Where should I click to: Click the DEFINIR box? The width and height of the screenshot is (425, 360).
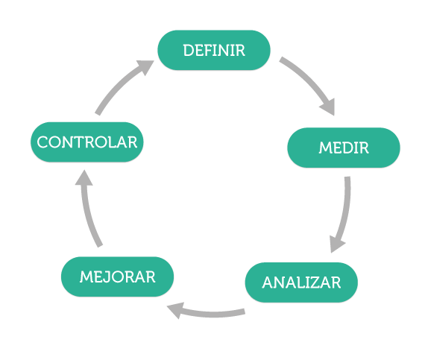pos(214,50)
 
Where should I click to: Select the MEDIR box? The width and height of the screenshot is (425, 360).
pos(344,148)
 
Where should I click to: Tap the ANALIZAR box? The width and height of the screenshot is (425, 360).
pos(301,282)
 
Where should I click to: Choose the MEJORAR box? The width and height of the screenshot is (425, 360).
pos(117,277)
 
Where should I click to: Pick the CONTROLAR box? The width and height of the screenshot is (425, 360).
pos(86,142)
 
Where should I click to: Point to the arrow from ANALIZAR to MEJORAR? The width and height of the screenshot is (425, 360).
pos(209,315)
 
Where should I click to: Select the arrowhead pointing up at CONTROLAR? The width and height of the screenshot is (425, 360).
pos(84,179)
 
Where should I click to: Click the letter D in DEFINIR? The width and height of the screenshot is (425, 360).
pos(189,51)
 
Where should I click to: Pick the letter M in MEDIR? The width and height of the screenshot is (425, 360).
pos(326,148)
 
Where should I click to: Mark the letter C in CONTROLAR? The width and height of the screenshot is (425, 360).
pos(42,142)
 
